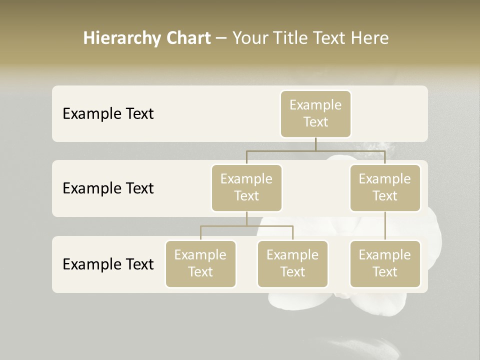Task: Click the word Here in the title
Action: click(370, 38)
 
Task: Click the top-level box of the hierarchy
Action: click(315, 113)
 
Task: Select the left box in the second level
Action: click(246, 187)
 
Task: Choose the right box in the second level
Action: click(385, 187)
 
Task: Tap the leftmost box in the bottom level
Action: click(200, 263)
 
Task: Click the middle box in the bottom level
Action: click(292, 263)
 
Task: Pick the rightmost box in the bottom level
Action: click(385, 263)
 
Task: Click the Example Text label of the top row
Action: click(108, 113)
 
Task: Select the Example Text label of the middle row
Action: click(108, 188)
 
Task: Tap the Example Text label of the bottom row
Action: click(108, 264)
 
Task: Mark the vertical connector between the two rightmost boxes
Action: click(385, 226)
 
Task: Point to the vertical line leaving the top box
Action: click(315, 144)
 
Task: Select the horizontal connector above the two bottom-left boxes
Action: click(246, 226)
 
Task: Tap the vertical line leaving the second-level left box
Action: click(246, 218)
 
